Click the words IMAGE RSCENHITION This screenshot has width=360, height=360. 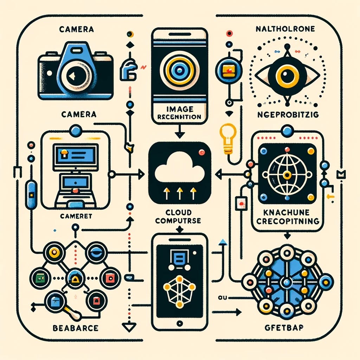tap(179, 114)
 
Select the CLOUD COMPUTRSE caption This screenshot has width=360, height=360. tap(179, 217)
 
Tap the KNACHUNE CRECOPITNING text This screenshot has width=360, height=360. tap(286, 217)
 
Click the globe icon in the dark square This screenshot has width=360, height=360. tap(287, 174)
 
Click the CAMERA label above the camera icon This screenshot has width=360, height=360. tap(77, 30)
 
